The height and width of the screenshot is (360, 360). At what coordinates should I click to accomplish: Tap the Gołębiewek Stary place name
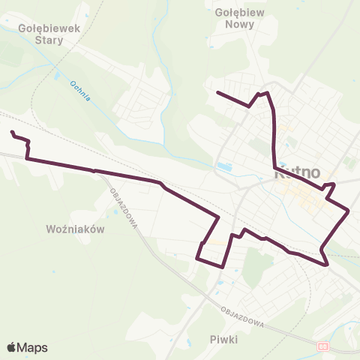[x=44, y=34]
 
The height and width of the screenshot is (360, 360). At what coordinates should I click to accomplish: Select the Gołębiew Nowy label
[x=234, y=18]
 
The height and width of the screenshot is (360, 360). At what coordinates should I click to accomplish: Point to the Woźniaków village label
[x=74, y=228]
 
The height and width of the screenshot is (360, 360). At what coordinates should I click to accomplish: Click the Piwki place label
[x=224, y=340]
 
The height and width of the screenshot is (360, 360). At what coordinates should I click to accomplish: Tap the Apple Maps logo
[x=27, y=347]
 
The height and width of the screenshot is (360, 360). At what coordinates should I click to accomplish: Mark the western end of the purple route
[x=12, y=133]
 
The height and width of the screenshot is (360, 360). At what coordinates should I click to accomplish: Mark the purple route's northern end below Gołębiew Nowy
[x=217, y=92]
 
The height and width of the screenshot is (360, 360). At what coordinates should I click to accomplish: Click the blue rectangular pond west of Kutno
[x=222, y=166]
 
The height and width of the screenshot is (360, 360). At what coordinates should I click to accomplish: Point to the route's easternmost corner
[x=349, y=211]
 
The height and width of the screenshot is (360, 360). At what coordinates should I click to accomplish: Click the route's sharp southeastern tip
[x=328, y=265]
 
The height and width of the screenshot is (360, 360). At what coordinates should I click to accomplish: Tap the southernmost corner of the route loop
[x=223, y=266]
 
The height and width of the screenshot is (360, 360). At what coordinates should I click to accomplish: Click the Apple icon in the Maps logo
[x=12, y=347]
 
